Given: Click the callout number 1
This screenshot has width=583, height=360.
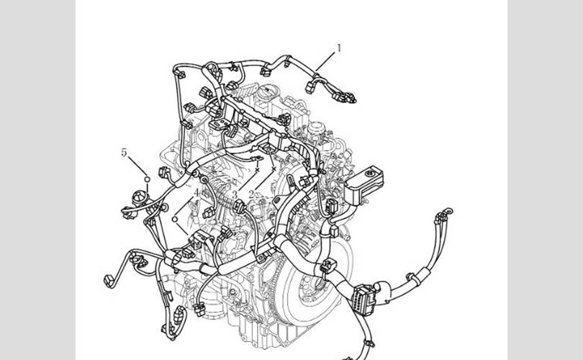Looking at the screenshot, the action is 339,48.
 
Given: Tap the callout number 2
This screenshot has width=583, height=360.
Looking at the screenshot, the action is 252,194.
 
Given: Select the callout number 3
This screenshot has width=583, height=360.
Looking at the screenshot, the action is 235,194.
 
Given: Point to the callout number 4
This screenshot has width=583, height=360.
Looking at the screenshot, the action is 196,192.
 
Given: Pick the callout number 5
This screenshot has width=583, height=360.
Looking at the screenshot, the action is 124,152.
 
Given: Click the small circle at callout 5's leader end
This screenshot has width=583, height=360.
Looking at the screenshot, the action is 148,179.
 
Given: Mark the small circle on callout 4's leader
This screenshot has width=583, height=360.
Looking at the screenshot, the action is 175,219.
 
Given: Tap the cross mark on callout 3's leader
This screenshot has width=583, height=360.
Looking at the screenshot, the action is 257,170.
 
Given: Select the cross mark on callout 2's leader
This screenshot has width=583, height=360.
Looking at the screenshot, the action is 274,168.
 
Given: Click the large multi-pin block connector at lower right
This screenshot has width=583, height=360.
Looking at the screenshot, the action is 363,300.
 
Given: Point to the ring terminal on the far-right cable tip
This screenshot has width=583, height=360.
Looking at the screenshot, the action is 449,211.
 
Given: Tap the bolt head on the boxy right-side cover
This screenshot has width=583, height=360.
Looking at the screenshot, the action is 369,174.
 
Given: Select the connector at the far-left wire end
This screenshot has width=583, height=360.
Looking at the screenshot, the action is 109,281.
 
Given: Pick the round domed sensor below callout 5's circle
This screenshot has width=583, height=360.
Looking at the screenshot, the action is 140,197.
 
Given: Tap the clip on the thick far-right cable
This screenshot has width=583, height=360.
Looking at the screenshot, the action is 412,278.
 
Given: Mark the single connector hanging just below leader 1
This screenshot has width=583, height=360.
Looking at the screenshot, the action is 310,88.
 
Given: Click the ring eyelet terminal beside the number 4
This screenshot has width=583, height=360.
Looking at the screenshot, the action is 204,180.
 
